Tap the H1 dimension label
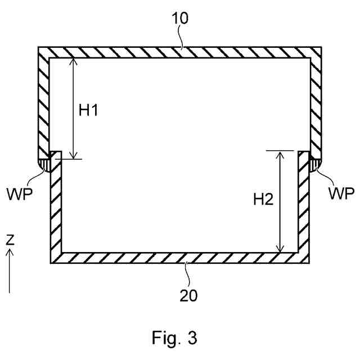tap(88, 111)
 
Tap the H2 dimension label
tap(263, 198)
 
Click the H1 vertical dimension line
tap(73, 107)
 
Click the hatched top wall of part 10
tap(180, 52)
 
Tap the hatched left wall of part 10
tap(43, 101)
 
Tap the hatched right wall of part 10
tap(316, 101)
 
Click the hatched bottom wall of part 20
tap(180, 258)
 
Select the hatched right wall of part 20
tap(304, 214)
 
